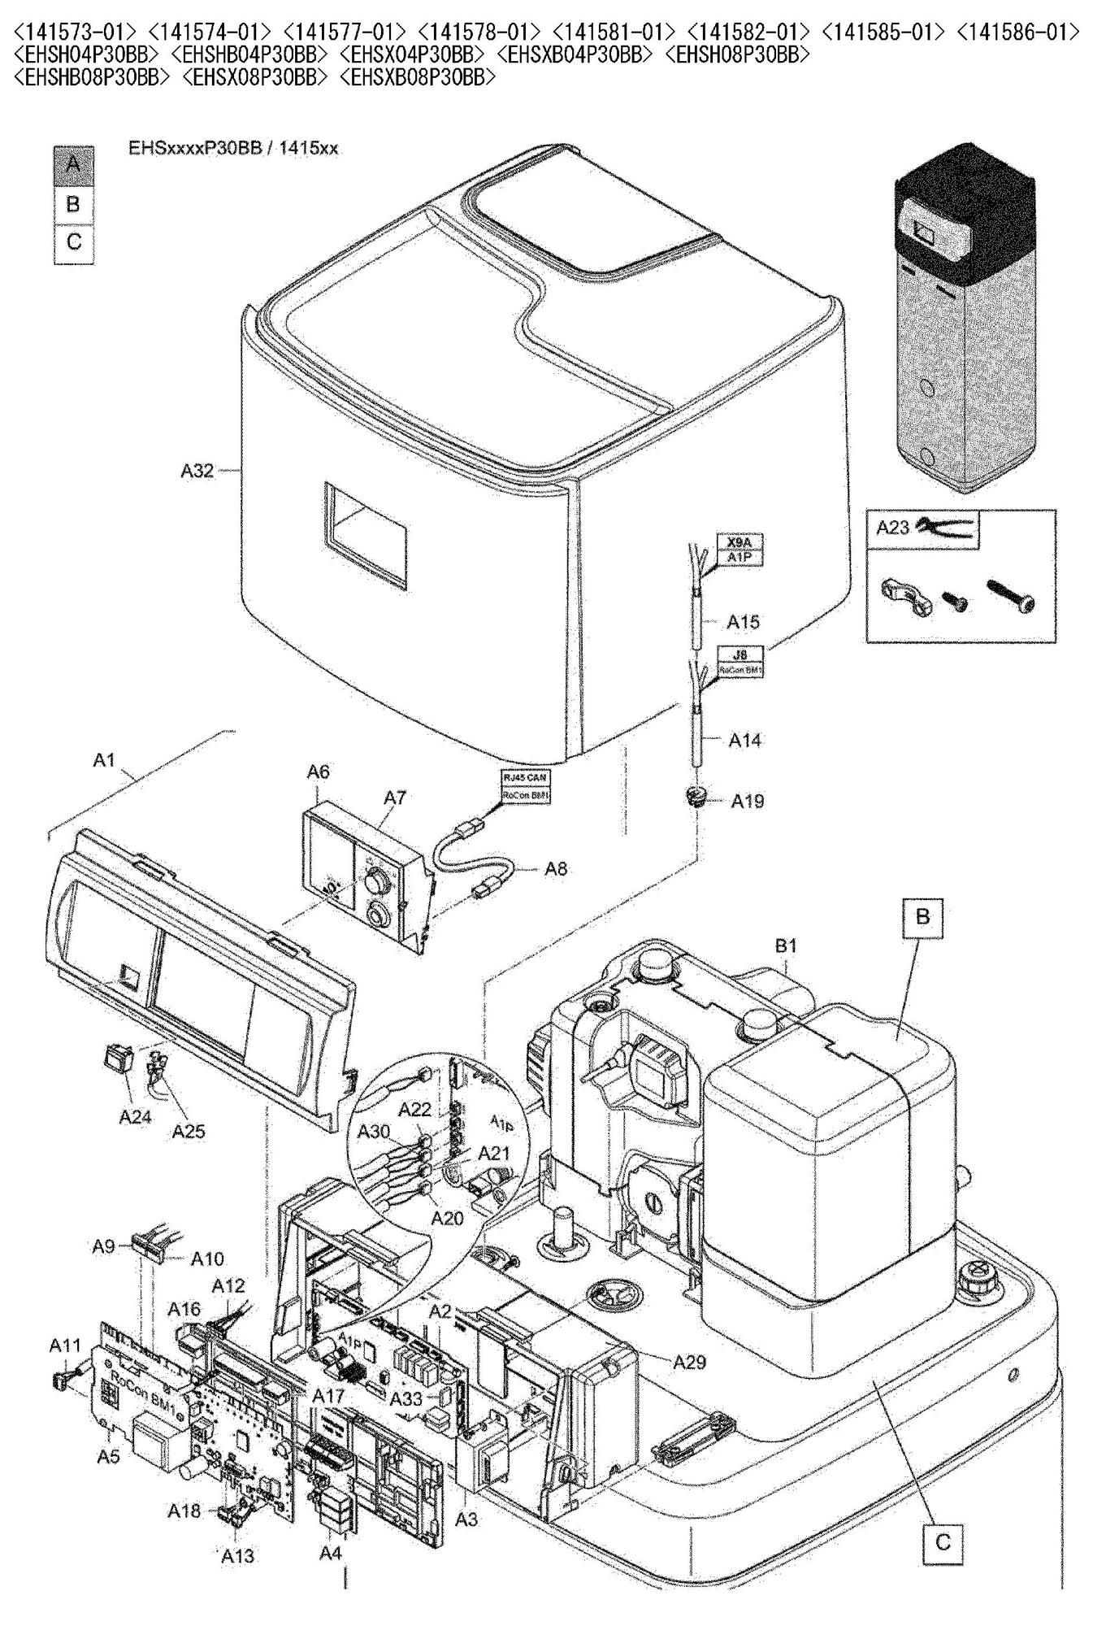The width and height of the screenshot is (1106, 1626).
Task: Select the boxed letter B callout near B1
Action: [922, 916]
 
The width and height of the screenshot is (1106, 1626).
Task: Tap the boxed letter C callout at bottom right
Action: [943, 1541]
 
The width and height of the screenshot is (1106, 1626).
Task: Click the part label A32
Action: [197, 471]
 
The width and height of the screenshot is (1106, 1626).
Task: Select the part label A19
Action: [747, 802]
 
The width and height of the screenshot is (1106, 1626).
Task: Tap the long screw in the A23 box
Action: [1010, 595]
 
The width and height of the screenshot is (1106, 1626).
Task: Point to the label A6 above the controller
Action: [318, 772]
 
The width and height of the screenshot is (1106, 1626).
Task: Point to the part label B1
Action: [786, 946]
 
